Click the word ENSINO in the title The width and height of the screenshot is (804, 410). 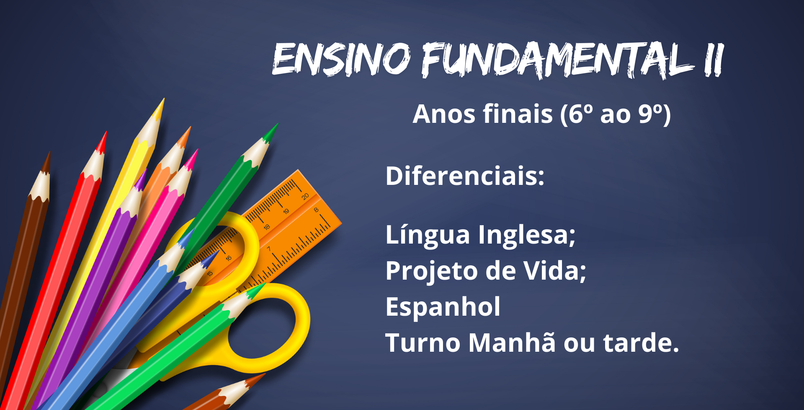click(341, 59)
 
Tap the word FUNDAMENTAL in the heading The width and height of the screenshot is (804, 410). click(557, 60)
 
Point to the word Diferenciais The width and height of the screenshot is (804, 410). click(465, 176)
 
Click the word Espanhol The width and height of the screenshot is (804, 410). click(443, 306)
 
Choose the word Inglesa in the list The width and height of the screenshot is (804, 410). click(527, 235)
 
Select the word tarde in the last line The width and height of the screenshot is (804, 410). click(641, 343)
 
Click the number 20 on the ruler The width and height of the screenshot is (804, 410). click(305, 196)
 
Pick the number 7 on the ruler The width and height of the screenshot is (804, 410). click(269, 249)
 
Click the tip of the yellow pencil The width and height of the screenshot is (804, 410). click(163, 99)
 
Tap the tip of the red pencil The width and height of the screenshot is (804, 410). click(106, 132)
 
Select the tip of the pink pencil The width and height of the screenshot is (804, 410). click(197, 150)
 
